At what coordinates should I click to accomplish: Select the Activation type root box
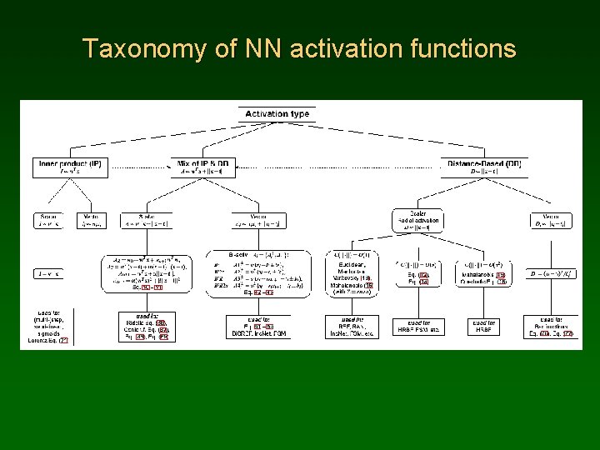(x=277, y=114)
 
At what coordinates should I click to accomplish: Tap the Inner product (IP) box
(x=70, y=167)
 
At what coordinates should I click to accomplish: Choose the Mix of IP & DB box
(x=207, y=167)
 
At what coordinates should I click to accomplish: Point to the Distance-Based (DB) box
(x=484, y=167)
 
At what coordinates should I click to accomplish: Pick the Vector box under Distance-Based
(x=552, y=220)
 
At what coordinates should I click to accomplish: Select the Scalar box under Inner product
(x=49, y=220)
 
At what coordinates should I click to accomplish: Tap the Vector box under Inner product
(x=92, y=220)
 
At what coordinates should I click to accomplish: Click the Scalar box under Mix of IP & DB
(x=145, y=220)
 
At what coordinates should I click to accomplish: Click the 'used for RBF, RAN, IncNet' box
(x=350, y=326)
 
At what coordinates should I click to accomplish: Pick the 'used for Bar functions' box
(x=552, y=326)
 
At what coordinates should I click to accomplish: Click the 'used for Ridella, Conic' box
(x=145, y=326)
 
